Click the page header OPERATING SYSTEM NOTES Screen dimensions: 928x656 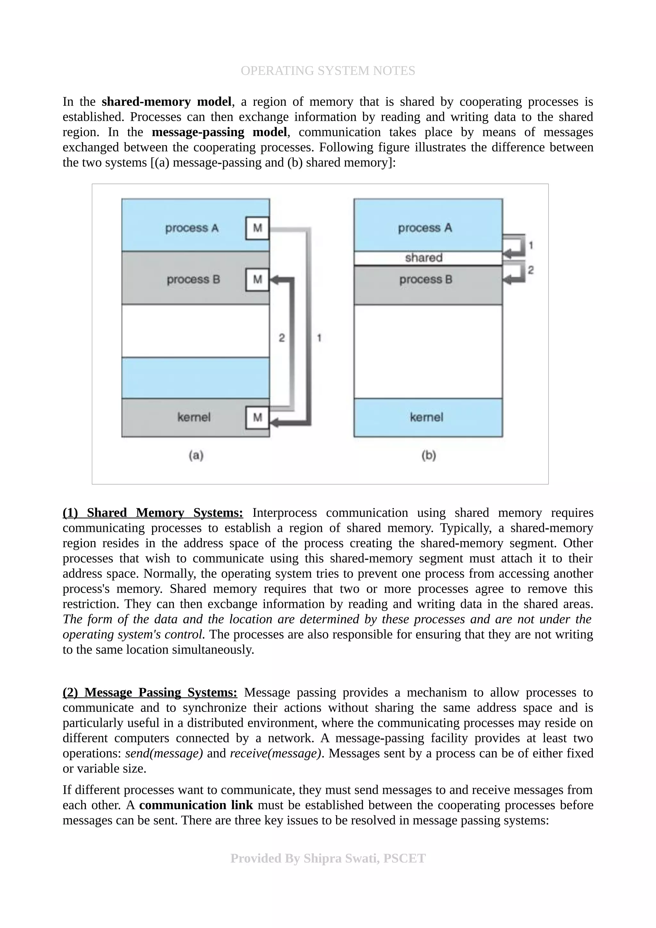(327, 71)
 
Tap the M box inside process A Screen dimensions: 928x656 (257, 228)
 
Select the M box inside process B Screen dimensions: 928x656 (257, 280)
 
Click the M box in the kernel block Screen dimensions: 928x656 (257, 418)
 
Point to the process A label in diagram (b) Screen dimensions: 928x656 (425, 228)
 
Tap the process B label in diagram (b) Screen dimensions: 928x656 (426, 280)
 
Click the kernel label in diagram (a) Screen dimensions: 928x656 (194, 418)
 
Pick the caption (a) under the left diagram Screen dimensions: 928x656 (196, 456)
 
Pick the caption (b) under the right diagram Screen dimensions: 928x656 (429, 456)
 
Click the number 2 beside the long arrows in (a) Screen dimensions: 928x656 (282, 338)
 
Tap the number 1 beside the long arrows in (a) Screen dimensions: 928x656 (319, 338)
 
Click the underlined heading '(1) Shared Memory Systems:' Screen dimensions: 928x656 (153, 513)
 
